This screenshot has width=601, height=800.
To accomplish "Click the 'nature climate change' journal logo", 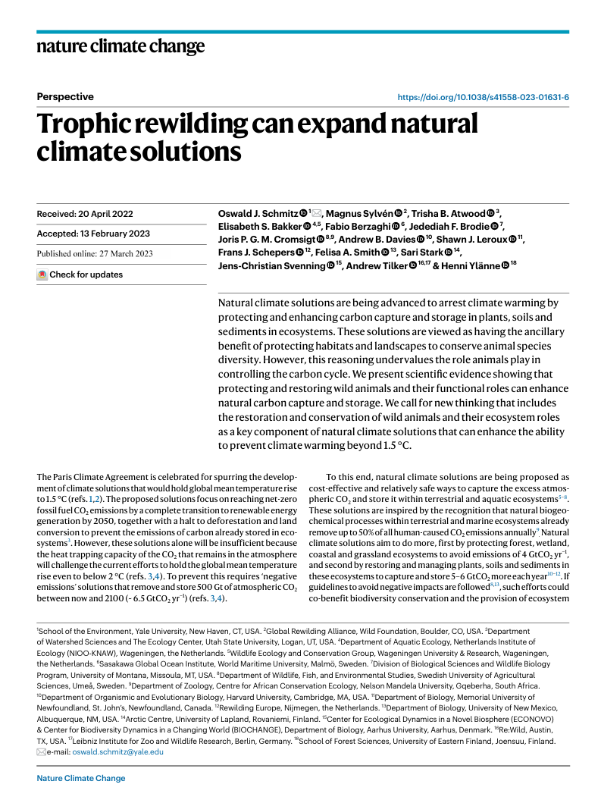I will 121,48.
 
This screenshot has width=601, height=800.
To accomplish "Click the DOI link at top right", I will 484,97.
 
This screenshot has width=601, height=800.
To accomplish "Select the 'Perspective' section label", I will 65,97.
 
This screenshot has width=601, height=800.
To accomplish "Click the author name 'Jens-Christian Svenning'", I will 271,266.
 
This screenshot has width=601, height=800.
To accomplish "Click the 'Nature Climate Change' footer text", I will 81,778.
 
